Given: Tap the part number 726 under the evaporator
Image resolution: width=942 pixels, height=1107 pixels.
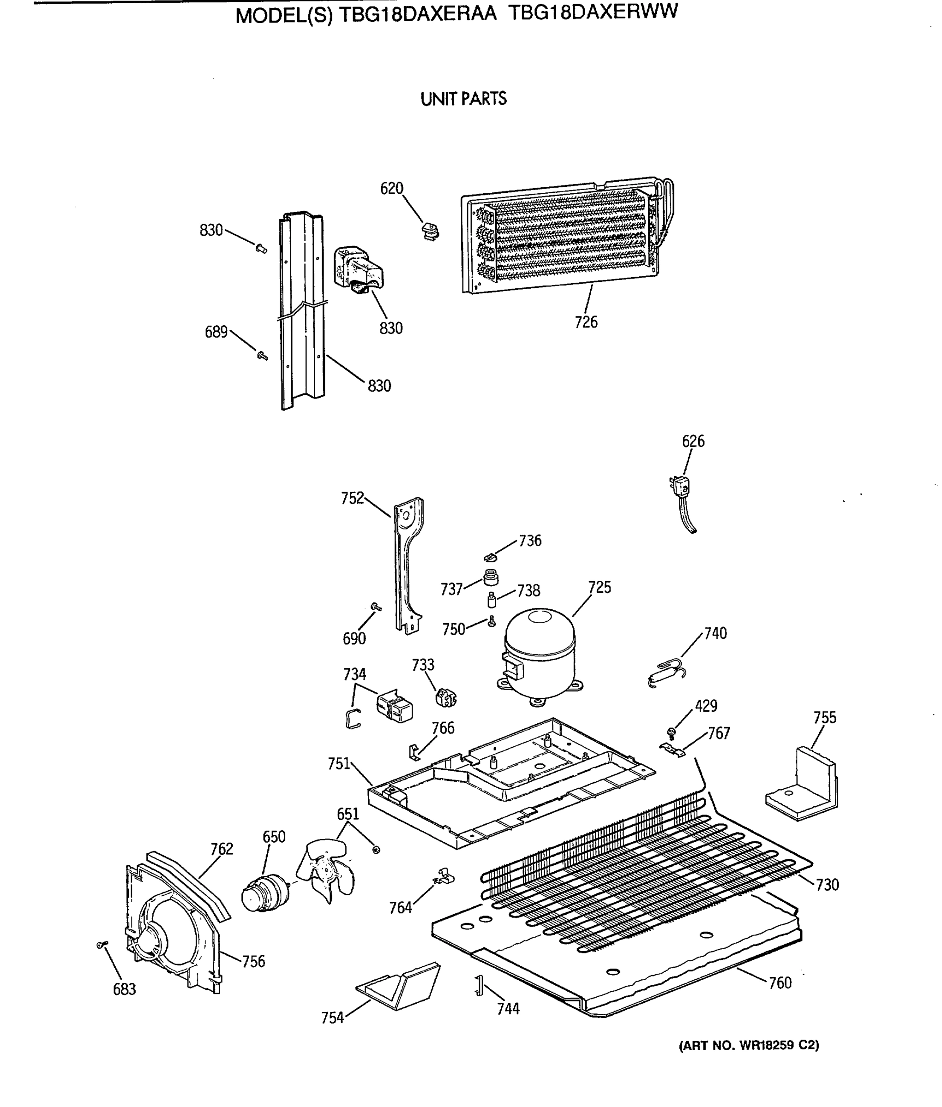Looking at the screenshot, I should (586, 322).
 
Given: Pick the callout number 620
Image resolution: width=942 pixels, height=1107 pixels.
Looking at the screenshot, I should (391, 188).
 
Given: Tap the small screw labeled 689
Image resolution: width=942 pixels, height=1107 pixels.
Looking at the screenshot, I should (262, 355).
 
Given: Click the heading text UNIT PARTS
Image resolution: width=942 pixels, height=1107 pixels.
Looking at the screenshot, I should (463, 99).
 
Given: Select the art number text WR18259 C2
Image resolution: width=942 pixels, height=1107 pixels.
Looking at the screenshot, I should (779, 1045).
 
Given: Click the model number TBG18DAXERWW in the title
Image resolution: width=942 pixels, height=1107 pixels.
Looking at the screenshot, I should (592, 13).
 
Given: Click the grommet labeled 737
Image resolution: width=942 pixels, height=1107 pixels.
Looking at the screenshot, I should (490, 577).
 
